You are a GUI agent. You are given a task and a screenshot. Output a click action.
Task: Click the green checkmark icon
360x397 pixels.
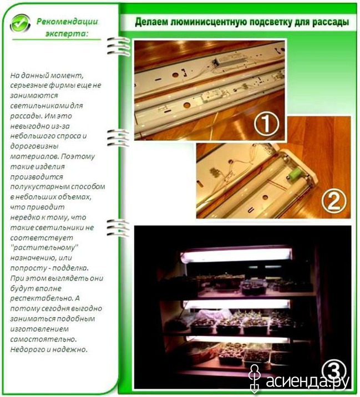[20, 23]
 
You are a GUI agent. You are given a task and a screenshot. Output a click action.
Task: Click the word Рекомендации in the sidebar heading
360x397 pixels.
[67, 21]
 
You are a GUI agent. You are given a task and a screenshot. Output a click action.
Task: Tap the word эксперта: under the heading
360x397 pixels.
[67, 34]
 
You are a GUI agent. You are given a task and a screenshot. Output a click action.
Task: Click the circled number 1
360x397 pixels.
[266, 124]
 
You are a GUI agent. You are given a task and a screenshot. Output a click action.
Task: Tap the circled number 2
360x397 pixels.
[333, 201]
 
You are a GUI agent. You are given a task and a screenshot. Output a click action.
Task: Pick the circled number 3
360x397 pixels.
[334, 371]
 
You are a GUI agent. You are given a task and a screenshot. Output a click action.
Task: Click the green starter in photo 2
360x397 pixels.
[295, 174]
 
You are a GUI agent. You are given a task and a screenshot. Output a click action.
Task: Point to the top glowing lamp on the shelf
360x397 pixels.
[236, 255]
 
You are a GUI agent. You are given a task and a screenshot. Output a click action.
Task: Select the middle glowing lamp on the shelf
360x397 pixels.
[236, 304]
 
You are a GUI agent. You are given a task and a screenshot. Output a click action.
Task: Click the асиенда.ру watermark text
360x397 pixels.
[307, 380]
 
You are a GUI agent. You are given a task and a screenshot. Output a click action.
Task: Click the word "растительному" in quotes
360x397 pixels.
[44, 247]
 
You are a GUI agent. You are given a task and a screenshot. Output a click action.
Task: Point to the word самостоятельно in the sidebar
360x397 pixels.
[43, 339]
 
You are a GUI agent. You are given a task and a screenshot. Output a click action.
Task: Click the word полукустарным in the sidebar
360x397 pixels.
[39, 187]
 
